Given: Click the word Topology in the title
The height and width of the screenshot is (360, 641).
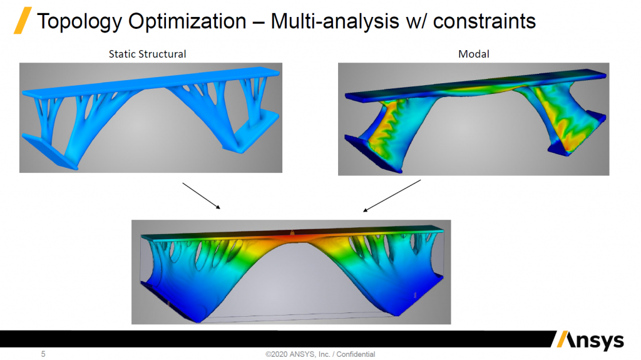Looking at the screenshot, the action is click(79, 22).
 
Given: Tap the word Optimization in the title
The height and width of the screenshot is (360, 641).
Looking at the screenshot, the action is click(187, 21).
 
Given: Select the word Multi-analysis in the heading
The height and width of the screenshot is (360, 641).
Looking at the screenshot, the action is click(335, 21).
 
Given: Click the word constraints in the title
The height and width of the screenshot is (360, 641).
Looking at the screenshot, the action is click(485, 21).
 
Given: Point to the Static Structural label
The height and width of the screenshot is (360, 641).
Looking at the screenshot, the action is click(147, 54).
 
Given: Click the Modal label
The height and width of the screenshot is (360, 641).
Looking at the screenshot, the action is click(473, 54).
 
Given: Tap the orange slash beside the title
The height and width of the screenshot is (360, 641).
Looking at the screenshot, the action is click(23, 21).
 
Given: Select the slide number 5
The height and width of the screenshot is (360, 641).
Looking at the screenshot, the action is click(43, 354).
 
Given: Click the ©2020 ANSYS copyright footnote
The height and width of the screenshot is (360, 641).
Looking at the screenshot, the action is click(320, 354).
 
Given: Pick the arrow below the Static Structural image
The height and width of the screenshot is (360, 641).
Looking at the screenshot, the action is click(201, 196).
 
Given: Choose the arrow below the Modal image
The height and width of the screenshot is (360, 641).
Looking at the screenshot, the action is click(392, 196).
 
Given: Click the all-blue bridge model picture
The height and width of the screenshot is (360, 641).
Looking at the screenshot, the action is click(151, 118).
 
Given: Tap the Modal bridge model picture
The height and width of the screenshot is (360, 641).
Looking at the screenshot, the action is click(473, 119).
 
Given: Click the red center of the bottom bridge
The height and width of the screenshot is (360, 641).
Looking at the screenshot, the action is click(292, 237).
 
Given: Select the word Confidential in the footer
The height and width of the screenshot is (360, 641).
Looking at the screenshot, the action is click(356, 354).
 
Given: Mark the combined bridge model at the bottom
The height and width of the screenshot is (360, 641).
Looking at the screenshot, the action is click(291, 272).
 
